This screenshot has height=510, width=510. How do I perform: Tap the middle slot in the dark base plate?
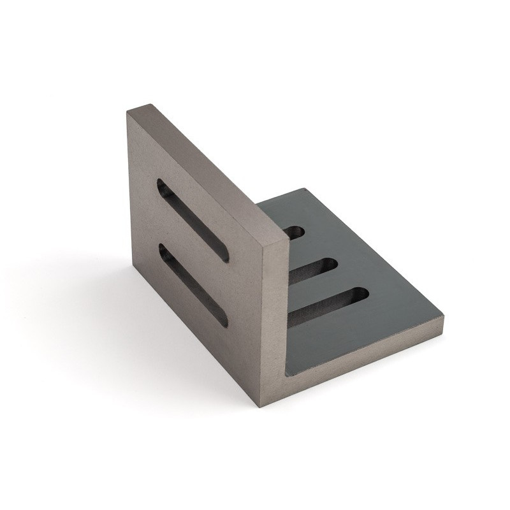[312, 270]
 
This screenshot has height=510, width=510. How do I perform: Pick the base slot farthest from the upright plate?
[328, 305]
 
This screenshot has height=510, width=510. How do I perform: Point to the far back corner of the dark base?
[305, 189]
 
